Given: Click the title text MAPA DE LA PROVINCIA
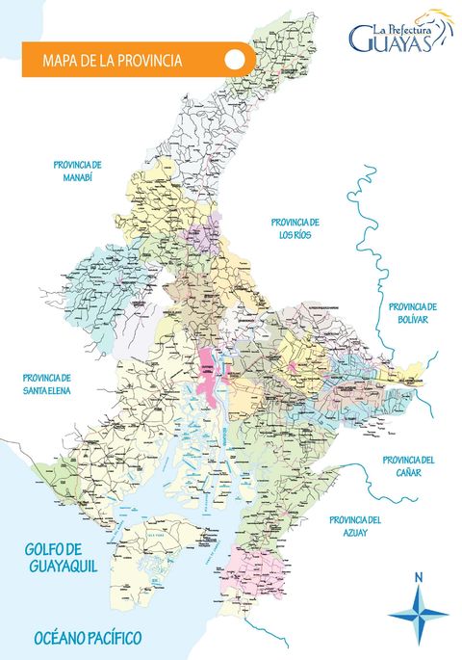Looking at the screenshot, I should (113, 60).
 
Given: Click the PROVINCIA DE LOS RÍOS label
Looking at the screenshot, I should (295, 227).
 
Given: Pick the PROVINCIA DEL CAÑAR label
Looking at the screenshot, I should (407, 465).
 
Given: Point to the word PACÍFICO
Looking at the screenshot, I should (118, 639).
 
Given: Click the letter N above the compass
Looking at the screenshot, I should (418, 578).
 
